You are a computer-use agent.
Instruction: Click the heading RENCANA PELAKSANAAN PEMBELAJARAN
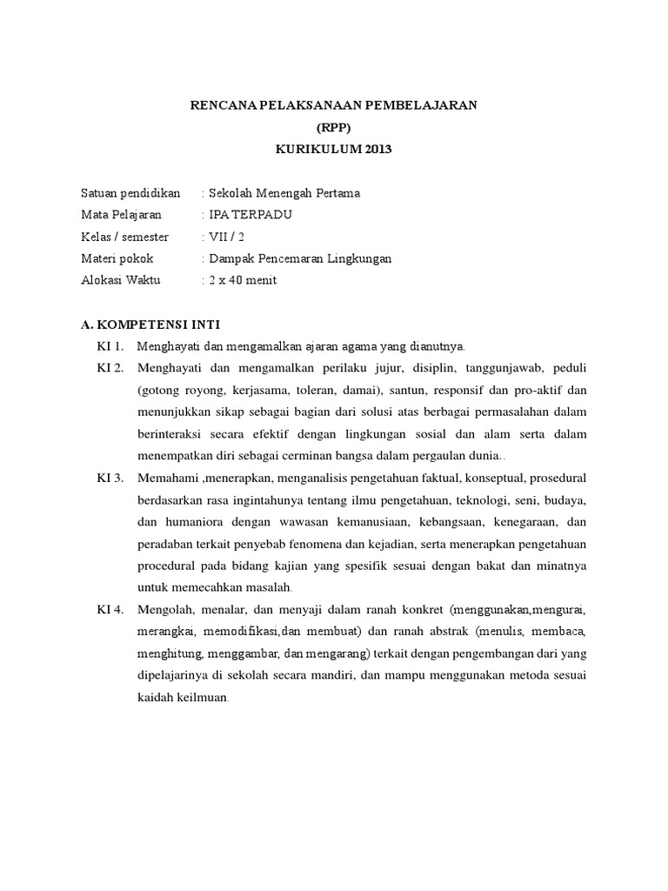point(334,105)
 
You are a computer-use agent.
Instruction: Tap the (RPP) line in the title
point(334,127)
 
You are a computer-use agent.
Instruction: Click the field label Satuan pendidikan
point(130,193)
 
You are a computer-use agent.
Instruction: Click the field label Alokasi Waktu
point(126,280)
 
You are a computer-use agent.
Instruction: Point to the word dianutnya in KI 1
point(437,346)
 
